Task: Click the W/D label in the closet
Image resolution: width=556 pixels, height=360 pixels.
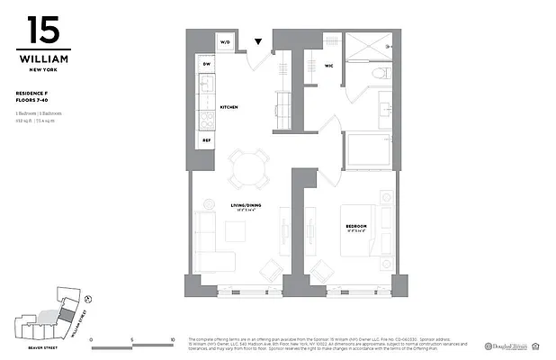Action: [x=225, y=41]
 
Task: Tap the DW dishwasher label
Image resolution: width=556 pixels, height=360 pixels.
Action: [x=206, y=66]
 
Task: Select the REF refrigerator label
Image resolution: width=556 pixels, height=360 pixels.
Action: [x=206, y=139]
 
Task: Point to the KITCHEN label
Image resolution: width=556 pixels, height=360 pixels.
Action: [x=229, y=107]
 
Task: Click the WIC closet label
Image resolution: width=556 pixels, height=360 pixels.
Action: [x=328, y=64]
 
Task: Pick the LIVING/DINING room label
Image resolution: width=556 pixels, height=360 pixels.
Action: [x=238, y=206]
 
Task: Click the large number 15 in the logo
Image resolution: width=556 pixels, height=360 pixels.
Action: [x=43, y=31]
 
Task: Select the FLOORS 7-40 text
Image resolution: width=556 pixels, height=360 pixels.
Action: [x=35, y=99]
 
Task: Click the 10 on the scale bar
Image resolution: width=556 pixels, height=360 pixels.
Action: [x=171, y=340]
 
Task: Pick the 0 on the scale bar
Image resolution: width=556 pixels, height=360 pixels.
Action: [x=93, y=340]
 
